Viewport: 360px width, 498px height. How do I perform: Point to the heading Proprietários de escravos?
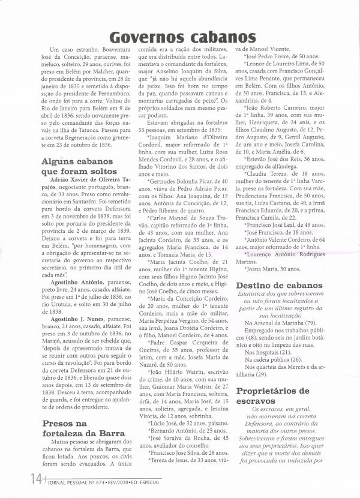coord(273,397)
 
